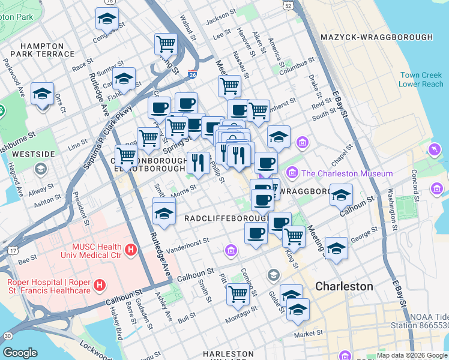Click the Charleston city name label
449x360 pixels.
[x=344, y=286]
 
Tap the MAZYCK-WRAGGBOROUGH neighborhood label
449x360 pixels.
[x=377, y=37]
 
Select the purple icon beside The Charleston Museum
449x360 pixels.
[x=292, y=173]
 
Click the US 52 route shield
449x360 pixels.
[x=289, y=5]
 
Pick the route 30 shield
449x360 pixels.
[x=7, y=336]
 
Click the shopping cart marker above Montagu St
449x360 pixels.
[x=238, y=294]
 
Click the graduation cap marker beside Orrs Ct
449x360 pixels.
[x=43, y=94]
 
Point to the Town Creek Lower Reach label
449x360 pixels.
[x=422, y=80]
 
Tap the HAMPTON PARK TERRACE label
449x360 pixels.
[x=41, y=50]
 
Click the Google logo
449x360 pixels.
[x=20, y=353]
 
